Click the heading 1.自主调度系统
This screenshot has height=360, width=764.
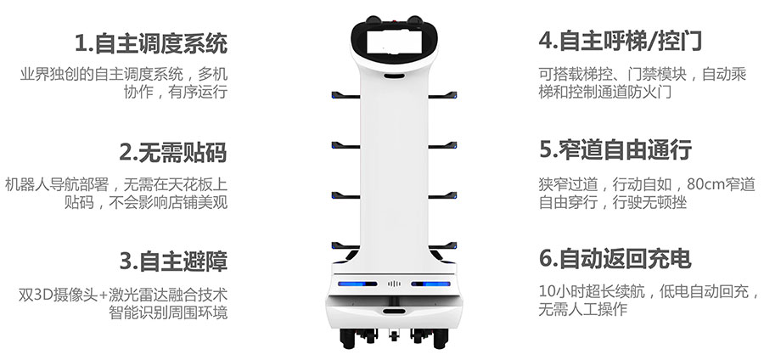pyautogui.click(x=151, y=43)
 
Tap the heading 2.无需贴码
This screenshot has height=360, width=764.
pyautogui.click(x=173, y=153)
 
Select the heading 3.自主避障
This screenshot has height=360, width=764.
pyautogui.click(x=173, y=262)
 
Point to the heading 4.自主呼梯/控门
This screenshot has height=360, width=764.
pyautogui.click(x=621, y=41)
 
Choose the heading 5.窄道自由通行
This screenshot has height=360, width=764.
pyautogui.click(x=615, y=149)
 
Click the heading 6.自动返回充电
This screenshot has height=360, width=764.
pyautogui.click(x=615, y=259)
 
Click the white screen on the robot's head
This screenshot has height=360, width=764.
pyautogui.click(x=394, y=42)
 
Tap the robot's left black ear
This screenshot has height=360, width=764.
pyautogui.click(x=373, y=20)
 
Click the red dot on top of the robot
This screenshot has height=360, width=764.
pyautogui.click(x=395, y=22)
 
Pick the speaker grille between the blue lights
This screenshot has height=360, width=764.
pyautogui.click(x=394, y=284)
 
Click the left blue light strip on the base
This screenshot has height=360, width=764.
pyautogui.click(x=357, y=284)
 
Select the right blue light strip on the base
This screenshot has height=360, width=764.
pyautogui.click(x=430, y=284)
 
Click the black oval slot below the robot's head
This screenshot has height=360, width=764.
pyautogui.click(x=394, y=76)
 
